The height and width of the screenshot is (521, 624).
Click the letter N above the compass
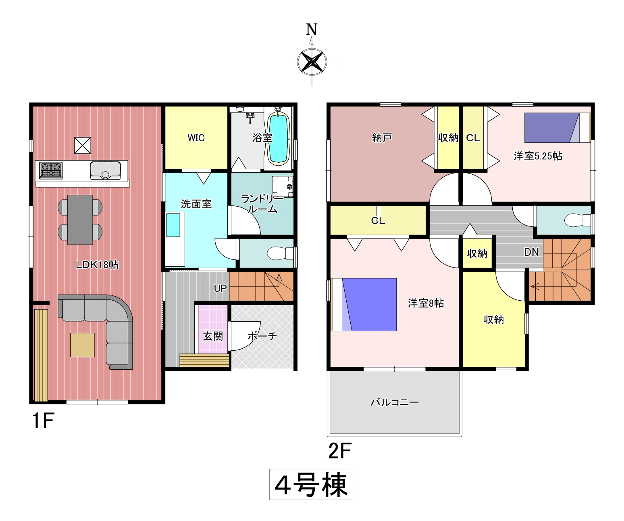pyautogui.click(x=312, y=29)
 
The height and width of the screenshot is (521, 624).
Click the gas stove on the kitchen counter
pyautogui.click(x=51, y=170)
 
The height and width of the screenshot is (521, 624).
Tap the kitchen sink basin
pyautogui.click(x=106, y=170)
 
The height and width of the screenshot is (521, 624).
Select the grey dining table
pyautogui.click(x=80, y=220)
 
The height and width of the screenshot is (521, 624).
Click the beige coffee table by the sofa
pyautogui.click(x=83, y=345)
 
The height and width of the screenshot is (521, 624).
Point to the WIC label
pyautogui.click(x=196, y=138)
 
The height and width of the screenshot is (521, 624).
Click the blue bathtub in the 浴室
pyautogui.click(x=278, y=139)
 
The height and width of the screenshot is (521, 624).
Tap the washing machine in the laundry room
pyautogui.click(x=283, y=187)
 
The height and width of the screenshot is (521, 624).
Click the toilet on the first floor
pyautogui.click(x=280, y=253)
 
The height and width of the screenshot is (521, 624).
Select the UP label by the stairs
pyautogui.click(x=220, y=288)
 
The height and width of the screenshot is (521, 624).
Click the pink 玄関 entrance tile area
pyautogui.click(x=212, y=329)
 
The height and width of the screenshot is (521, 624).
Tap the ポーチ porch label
pyautogui.click(x=262, y=336)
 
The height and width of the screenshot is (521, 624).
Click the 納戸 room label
pyautogui.click(x=382, y=138)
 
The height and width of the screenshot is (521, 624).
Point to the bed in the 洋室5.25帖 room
pyautogui.click(x=557, y=128)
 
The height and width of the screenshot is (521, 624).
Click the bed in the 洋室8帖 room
pyautogui.click(x=364, y=305)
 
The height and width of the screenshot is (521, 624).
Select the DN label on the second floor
pyautogui.click(x=531, y=252)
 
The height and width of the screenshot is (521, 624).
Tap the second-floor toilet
pyautogui.click(x=577, y=220)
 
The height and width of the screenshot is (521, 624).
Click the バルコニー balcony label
pyautogui.click(x=395, y=402)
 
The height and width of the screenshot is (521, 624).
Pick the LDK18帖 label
pyautogui.click(x=97, y=265)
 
